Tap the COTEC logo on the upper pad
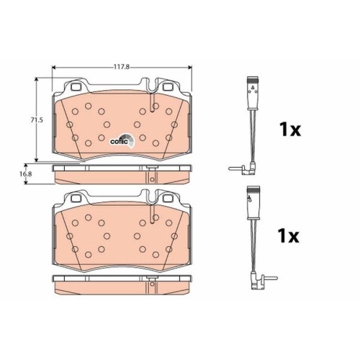pos(120,140)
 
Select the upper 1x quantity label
pos(289,130)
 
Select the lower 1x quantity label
pos(289,235)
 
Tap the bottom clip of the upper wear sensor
pos(245,170)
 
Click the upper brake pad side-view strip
pos(122,173)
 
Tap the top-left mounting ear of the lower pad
pos(71,197)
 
